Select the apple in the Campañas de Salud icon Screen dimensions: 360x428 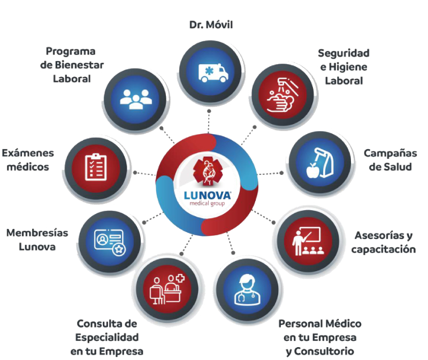coord(313,170)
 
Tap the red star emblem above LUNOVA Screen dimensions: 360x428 coord(206,172)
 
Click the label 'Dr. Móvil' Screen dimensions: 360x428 coord(211,25)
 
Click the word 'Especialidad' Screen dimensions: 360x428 coord(107,338)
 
